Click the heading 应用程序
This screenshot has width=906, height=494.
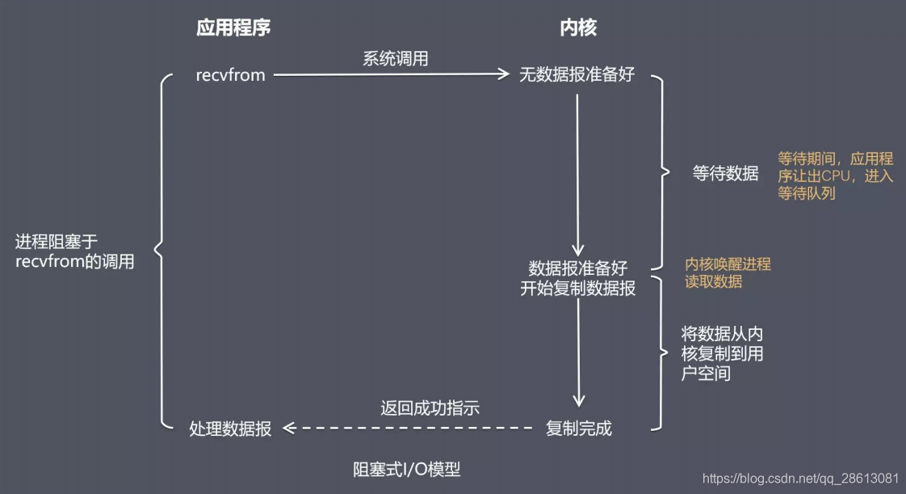point(233,28)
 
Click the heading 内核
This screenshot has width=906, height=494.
point(578,28)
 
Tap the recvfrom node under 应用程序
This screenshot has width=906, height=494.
point(230,75)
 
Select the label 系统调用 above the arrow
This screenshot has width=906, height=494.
point(395,58)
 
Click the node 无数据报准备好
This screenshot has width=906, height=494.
point(577,75)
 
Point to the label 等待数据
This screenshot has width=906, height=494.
point(726,172)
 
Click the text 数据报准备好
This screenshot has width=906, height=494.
point(577,268)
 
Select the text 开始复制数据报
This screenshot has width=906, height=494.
point(577,288)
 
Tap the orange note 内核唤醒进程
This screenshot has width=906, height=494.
point(728,264)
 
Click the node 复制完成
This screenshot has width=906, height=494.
point(578,429)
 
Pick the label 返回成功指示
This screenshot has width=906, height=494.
point(430,408)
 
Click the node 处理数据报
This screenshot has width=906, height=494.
point(230,429)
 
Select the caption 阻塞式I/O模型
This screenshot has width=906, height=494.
point(406,470)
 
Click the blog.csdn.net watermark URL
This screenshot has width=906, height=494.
point(801,478)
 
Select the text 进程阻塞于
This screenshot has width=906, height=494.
point(57,242)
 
